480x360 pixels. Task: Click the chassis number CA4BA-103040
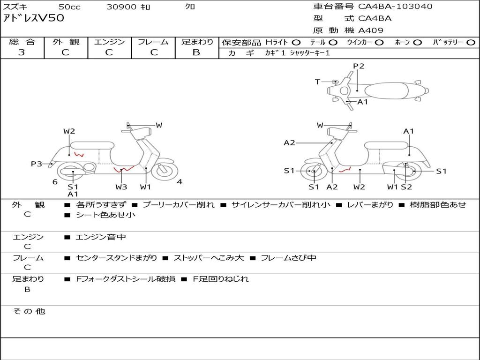click(395, 7)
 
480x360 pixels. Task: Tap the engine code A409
click(371, 30)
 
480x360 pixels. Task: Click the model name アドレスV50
click(33, 18)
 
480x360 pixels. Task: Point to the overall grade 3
click(22, 52)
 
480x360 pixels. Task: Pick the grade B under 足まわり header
click(196, 52)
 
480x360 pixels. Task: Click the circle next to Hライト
click(296, 43)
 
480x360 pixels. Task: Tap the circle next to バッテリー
click(471, 43)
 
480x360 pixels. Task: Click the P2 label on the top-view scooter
click(359, 66)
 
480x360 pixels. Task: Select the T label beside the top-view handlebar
click(317, 82)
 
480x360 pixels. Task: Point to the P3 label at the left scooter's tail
click(37, 164)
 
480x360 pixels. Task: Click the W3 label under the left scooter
click(121, 187)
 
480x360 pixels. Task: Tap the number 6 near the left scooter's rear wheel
click(55, 182)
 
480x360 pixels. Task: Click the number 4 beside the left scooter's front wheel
click(180, 182)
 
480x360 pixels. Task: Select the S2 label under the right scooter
click(406, 187)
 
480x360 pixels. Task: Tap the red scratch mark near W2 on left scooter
click(79, 154)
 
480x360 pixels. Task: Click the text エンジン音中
click(101, 237)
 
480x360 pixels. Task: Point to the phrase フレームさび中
click(288, 258)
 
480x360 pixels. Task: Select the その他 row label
click(29, 311)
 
